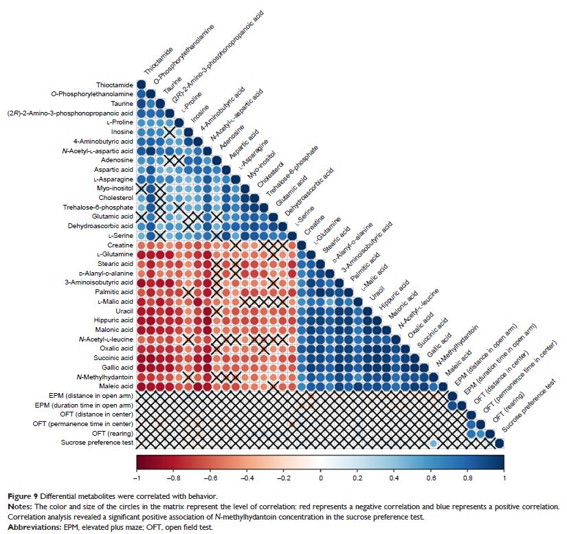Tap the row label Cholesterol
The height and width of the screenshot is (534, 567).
click(x=115, y=197)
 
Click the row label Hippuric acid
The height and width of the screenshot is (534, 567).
click(x=113, y=320)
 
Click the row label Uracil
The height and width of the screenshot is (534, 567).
click(x=123, y=310)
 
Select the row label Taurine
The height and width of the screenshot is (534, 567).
click(x=120, y=103)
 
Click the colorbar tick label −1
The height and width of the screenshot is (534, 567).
click(x=137, y=476)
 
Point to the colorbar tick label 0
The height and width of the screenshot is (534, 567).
click(x=320, y=476)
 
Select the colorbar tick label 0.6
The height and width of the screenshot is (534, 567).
click(x=430, y=476)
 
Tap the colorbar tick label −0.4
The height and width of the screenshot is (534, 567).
click(x=245, y=476)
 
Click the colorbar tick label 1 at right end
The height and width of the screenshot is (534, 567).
click(x=503, y=476)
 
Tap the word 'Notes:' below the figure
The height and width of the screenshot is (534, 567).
click(x=16, y=506)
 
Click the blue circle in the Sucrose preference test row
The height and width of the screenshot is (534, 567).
click(x=434, y=443)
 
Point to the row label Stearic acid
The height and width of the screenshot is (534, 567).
click(x=114, y=263)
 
